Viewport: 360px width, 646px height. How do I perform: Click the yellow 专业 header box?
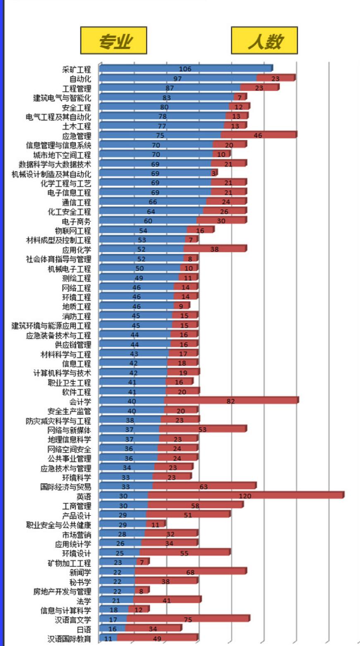[x=113, y=41]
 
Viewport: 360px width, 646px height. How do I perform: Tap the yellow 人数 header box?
[x=264, y=41]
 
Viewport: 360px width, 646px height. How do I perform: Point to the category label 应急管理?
[x=77, y=136]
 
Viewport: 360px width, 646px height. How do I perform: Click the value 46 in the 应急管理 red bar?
[x=258, y=135]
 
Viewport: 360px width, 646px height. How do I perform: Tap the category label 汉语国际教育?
[x=69, y=639]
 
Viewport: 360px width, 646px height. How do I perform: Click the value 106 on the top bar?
[x=185, y=69]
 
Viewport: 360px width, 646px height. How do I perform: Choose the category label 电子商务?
[x=77, y=221]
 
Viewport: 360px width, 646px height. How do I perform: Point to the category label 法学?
[x=84, y=601]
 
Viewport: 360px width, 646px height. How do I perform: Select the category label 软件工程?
[x=77, y=392]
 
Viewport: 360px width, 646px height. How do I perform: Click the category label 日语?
[x=84, y=629]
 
